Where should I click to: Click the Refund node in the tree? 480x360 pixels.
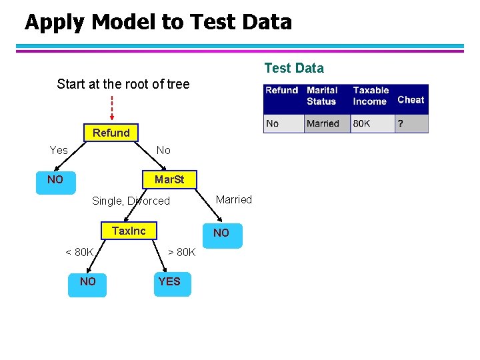pyautogui.click(x=111, y=133)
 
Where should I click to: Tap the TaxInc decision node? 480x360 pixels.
pyautogui.click(x=129, y=231)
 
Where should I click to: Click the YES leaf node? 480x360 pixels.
pyautogui.click(x=169, y=282)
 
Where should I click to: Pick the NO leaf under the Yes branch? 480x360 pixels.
pyautogui.click(x=55, y=180)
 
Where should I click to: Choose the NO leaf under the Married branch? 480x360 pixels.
pyautogui.click(x=221, y=233)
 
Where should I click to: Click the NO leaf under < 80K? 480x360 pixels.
pyautogui.click(x=87, y=282)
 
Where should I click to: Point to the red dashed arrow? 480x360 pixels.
pyautogui.click(x=111, y=107)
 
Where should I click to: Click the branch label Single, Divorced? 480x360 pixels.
pyautogui.click(x=131, y=201)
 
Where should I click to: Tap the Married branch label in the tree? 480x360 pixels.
pyautogui.click(x=234, y=199)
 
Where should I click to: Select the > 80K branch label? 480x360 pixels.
pyautogui.click(x=181, y=252)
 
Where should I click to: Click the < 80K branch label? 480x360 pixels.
pyautogui.click(x=79, y=252)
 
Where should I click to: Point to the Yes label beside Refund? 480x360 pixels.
pyautogui.click(x=59, y=150)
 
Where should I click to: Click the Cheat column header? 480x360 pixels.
pyautogui.click(x=411, y=99)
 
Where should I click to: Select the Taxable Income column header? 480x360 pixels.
pyautogui.click(x=371, y=95)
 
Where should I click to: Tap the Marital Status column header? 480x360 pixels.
pyautogui.click(x=323, y=95)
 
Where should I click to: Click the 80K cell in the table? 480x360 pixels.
pyautogui.click(x=363, y=123)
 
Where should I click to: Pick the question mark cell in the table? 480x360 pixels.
pyautogui.click(x=401, y=123)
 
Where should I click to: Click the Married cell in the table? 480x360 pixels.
pyautogui.click(x=323, y=123)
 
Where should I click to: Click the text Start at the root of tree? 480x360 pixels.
pyautogui.click(x=123, y=84)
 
